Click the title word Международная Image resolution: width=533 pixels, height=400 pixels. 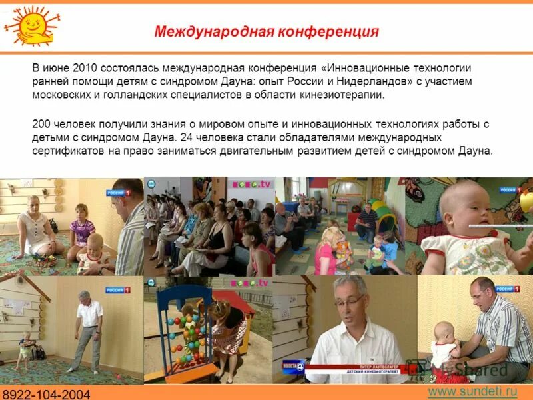pos(209,32)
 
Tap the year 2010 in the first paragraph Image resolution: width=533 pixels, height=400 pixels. pos(86,69)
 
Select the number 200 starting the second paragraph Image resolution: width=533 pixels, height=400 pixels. pos(41,124)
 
